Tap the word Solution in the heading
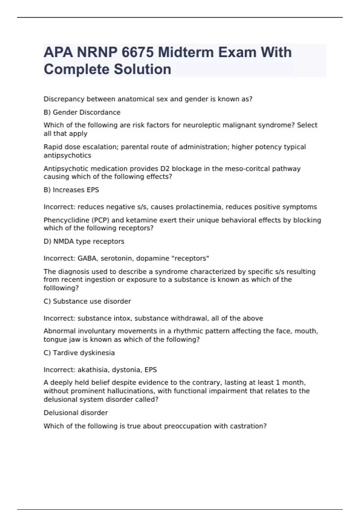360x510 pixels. [142, 69]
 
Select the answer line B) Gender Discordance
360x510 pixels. [82, 112]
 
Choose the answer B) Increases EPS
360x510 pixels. [71, 190]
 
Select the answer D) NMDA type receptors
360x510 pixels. [84, 241]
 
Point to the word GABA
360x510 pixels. [87, 258]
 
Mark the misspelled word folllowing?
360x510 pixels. [61, 288]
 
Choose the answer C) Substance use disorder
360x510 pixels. [87, 301]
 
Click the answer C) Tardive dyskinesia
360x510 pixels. [79, 353]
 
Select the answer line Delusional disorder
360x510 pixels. [76, 413]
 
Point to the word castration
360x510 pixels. [248, 426]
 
